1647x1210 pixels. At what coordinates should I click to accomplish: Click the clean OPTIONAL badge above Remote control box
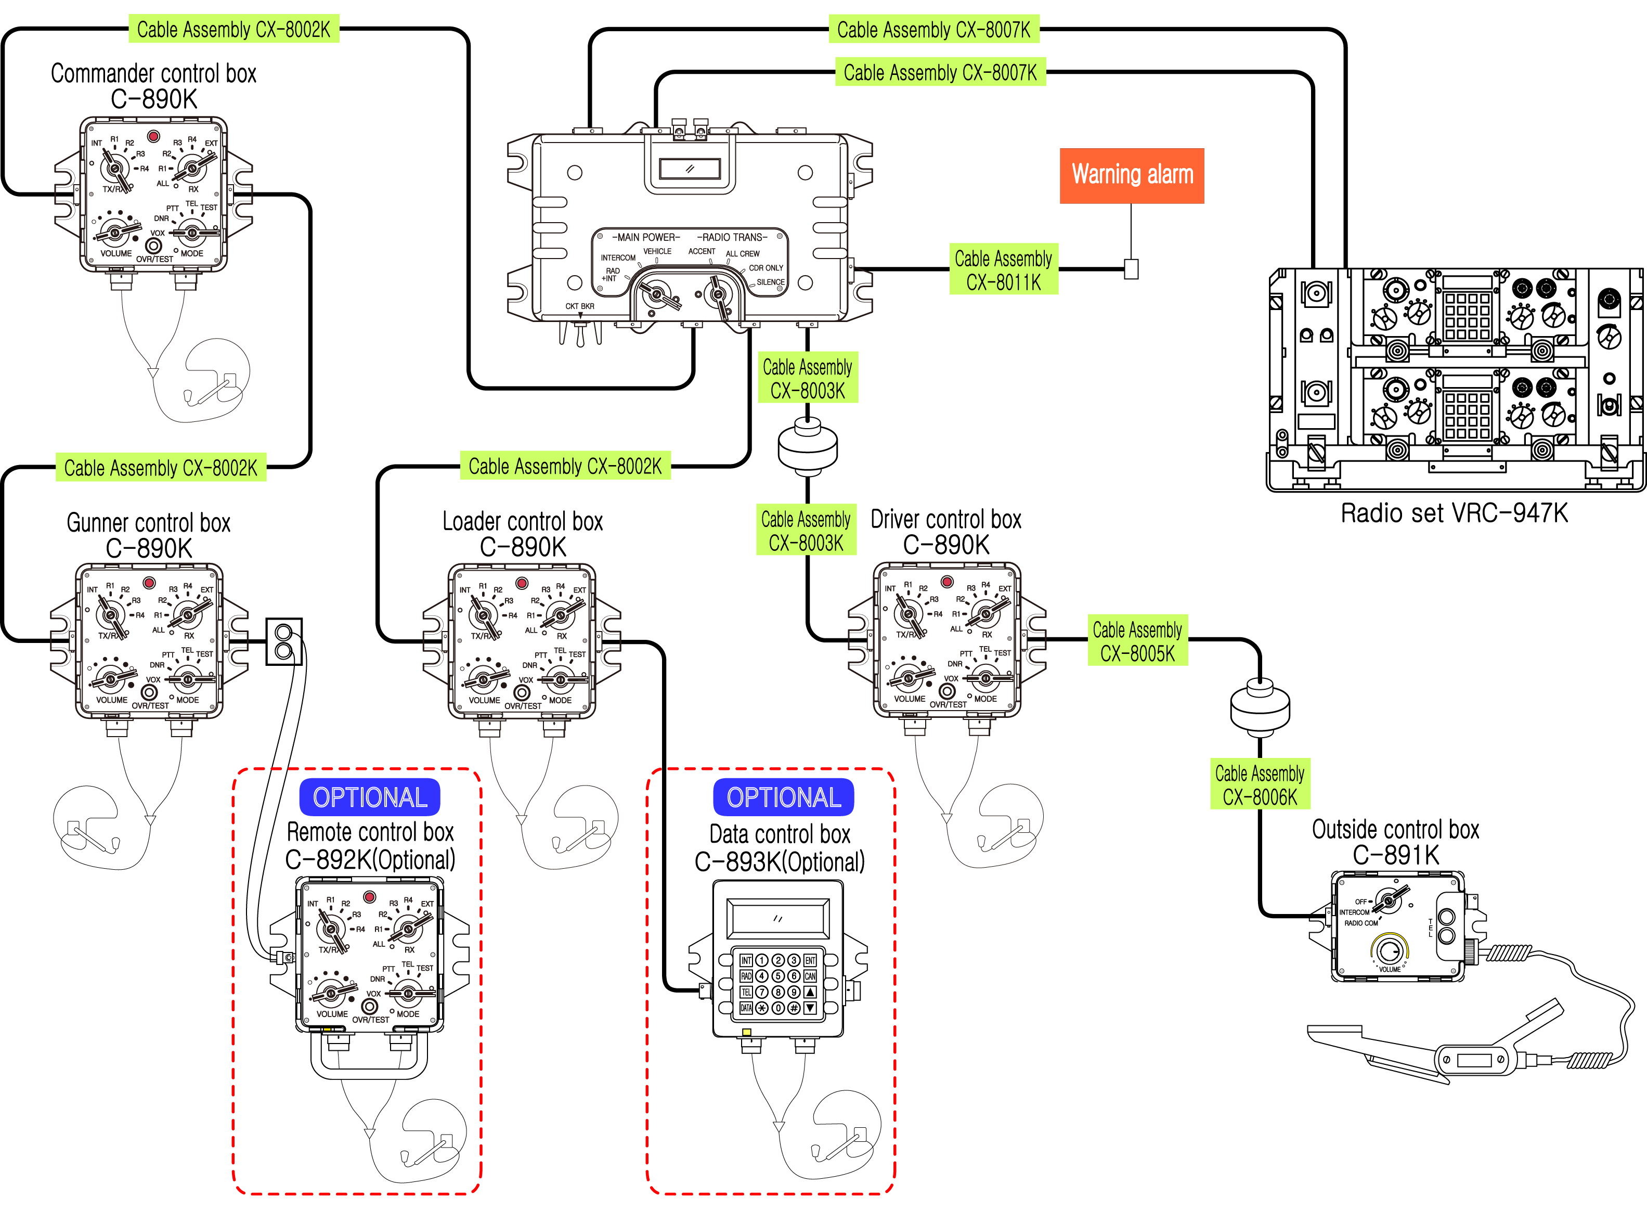coord(370,797)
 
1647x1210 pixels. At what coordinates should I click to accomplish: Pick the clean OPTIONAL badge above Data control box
coord(784,797)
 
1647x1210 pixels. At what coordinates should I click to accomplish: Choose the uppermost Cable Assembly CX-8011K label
coord(1003,271)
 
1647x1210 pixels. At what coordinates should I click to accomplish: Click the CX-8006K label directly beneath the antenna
coord(1260,785)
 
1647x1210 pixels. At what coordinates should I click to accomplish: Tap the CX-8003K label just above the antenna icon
coord(807,379)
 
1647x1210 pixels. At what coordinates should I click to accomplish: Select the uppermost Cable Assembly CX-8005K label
coord(1137,641)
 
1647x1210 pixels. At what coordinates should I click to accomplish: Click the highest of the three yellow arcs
coord(1389,946)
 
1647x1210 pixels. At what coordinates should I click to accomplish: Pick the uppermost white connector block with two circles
coord(283,641)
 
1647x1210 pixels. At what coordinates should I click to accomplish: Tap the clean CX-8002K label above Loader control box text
coord(565,466)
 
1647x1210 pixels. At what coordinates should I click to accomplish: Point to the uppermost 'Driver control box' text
coord(945,519)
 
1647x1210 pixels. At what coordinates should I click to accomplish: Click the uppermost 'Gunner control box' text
coord(147,523)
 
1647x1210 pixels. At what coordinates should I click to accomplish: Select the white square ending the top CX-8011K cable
coord(1132,269)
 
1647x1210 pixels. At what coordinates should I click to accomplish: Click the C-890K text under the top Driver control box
coord(945,545)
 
